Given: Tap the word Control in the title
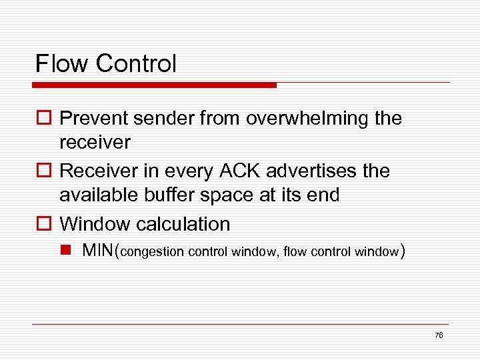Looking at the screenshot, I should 136,64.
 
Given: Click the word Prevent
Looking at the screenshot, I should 95,119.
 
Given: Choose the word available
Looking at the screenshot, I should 98,195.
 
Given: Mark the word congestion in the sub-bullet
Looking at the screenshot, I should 152,252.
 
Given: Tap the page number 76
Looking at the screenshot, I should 438,335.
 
